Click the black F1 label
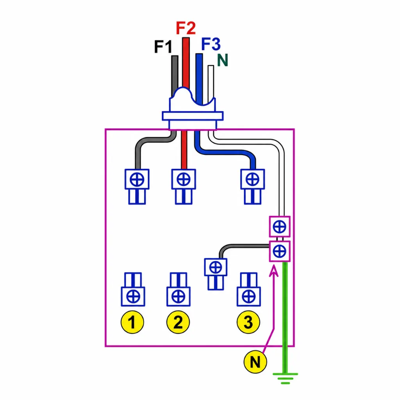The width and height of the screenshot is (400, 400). tap(163, 46)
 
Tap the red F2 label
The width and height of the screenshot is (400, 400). tap(186, 28)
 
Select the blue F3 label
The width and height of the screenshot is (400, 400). tap(211, 44)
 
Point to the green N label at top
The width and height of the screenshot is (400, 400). tap(222, 60)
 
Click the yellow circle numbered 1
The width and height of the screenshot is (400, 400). tap(132, 322)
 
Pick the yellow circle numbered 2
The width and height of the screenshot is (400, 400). tap(178, 322)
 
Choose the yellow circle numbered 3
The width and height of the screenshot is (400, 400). tap(248, 322)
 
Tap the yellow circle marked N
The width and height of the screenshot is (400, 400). tap(255, 362)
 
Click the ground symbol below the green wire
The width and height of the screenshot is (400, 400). tap(285, 379)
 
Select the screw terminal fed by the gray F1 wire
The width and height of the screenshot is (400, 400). tap(137, 186)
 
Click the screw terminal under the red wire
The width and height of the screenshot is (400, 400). tap(184, 186)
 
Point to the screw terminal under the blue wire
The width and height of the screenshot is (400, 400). tap(253, 186)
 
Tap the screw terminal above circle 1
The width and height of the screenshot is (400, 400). tap(133, 289)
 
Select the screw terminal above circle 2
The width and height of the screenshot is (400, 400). tap(178, 289)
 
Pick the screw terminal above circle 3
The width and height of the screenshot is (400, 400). tap(249, 289)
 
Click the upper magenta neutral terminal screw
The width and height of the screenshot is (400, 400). tap(280, 227)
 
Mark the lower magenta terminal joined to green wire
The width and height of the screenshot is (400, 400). tap(280, 251)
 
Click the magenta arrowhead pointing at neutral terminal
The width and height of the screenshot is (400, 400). tap(274, 270)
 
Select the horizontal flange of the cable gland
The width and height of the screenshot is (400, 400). tap(193, 116)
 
